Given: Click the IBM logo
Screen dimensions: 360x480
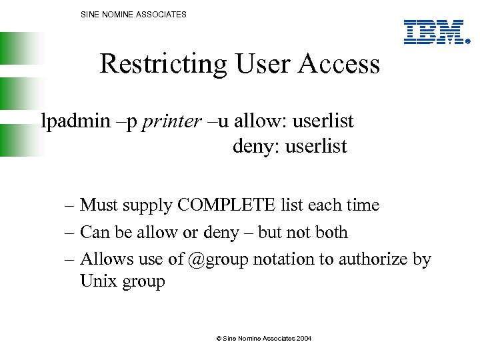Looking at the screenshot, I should tap(436, 32).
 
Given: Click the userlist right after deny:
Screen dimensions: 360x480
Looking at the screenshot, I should tap(316, 146).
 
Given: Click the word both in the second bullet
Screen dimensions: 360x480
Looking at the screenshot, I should tap(331, 232).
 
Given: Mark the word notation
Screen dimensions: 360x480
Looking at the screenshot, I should tap(283, 259).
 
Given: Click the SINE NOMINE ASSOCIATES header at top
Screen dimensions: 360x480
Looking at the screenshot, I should tap(133, 14).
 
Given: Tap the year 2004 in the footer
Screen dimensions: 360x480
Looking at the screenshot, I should tap(303, 339).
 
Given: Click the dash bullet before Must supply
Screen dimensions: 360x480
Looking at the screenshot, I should tap(69, 206).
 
